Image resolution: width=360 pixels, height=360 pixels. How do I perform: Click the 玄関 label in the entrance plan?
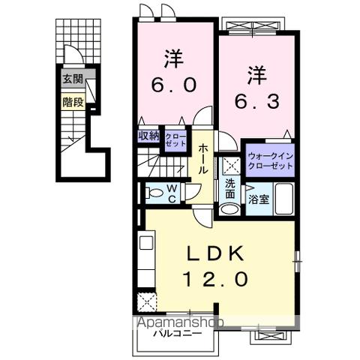click(x=72, y=79)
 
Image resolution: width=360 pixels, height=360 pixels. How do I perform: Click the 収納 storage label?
click(x=148, y=136)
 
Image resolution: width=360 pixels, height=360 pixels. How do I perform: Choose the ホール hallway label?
click(x=203, y=159)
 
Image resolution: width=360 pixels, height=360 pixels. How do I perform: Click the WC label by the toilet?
click(x=171, y=193)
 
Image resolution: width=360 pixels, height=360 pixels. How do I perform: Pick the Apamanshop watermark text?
click(x=179, y=322)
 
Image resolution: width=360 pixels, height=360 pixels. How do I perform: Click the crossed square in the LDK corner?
click(x=147, y=303)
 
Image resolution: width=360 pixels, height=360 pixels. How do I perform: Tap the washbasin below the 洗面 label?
click(x=230, y=209)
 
